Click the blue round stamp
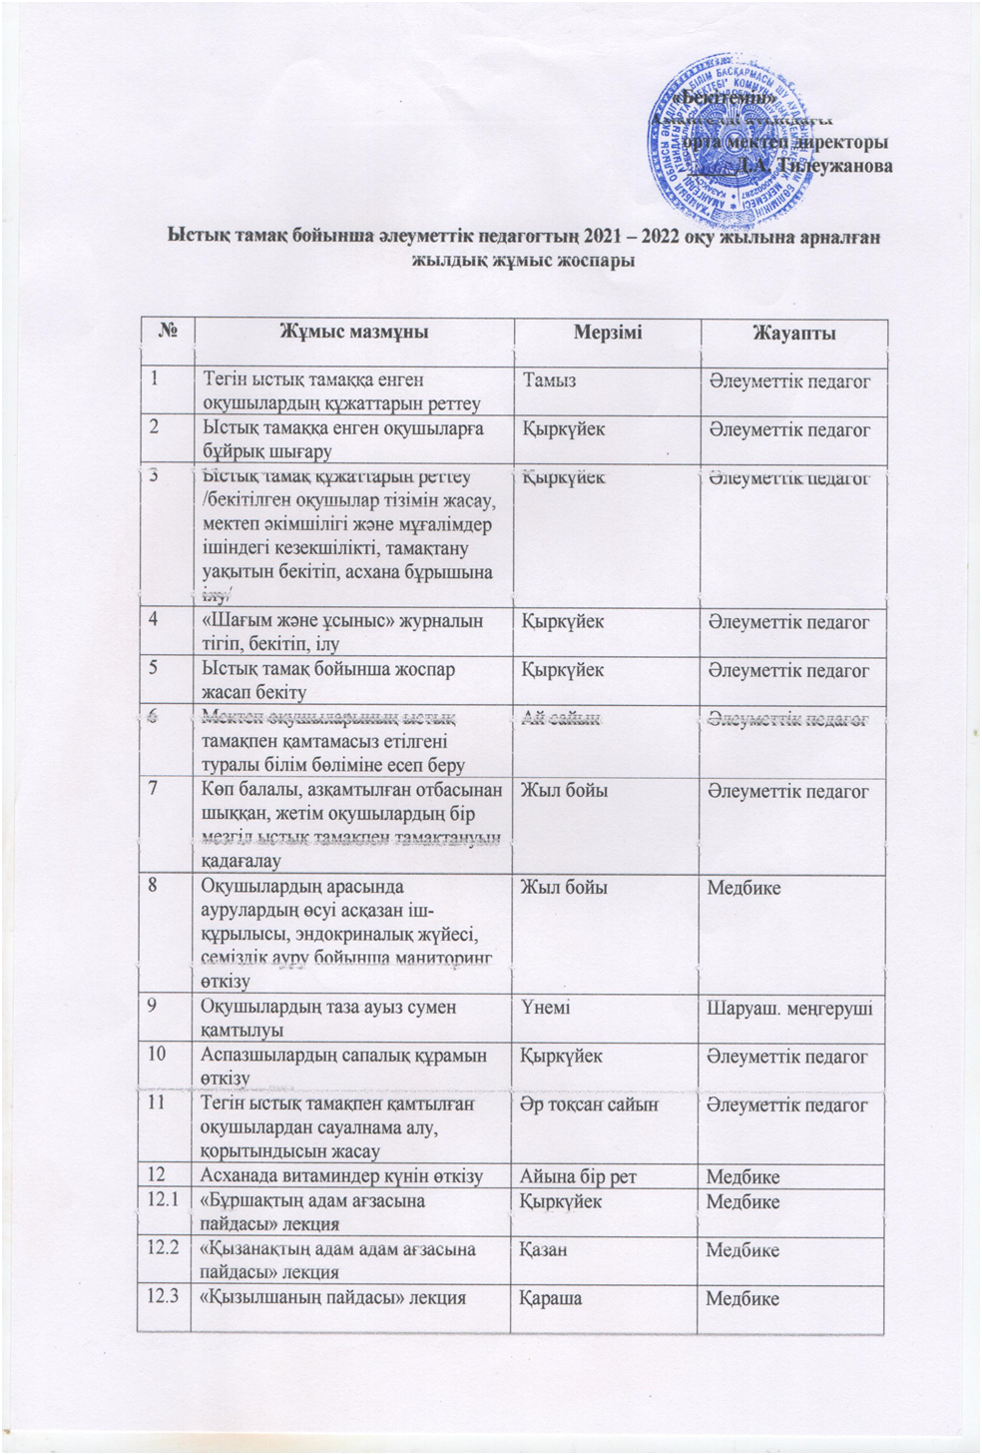725,135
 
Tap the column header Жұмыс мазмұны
352,333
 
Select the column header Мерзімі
607,333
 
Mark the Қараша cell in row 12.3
548,1298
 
